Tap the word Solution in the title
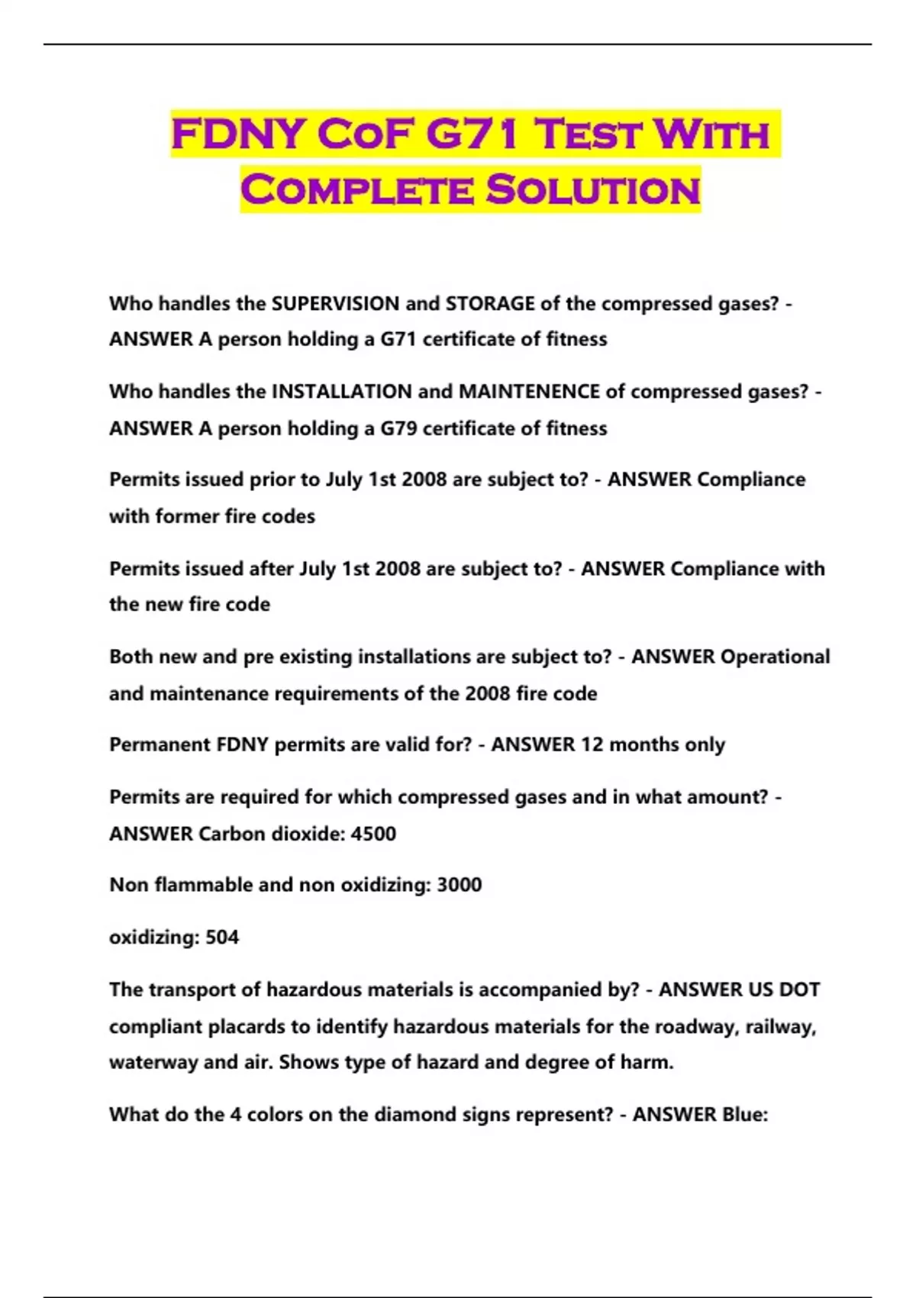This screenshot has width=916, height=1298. [x=593, y=190]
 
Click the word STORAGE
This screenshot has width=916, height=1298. [x=490, y=304]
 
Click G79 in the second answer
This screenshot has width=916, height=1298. [x=398, y=428]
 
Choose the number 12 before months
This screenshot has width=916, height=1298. [x=592, y=744]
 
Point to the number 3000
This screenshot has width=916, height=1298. [x=459, y=885]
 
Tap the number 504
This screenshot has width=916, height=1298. [x=222, y=937]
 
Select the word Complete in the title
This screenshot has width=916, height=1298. [x=358, y=190]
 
